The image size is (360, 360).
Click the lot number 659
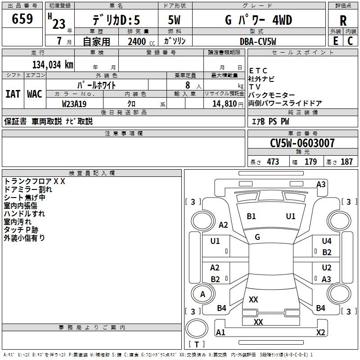22,19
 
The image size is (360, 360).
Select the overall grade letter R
343,21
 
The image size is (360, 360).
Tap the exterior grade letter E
335,40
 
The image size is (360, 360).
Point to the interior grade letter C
350,40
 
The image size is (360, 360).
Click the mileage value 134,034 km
53,64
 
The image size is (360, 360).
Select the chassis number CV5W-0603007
302,143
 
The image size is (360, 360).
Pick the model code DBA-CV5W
258,41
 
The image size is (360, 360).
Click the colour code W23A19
74,104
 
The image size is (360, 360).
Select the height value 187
346,162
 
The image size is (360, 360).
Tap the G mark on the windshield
257,237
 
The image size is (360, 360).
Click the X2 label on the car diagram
320,333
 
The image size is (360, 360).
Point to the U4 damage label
327,241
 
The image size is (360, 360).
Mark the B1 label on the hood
251,216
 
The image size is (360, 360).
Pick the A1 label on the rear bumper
220,333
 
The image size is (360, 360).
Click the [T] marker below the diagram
197,345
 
